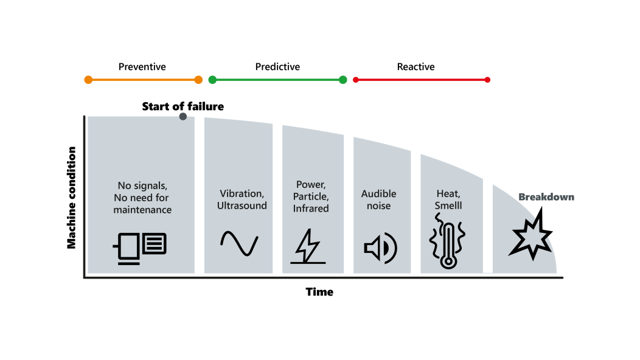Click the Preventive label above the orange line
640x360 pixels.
[142, 66]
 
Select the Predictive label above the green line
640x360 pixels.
[277, 66]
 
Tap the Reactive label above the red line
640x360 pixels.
[416, 66]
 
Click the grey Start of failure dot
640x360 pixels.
[183, 117]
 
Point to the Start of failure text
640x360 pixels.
[183, 106]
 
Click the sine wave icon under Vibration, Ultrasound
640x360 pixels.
[239, 243]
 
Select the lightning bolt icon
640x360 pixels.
[308, 246]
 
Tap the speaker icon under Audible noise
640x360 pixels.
[380, 248]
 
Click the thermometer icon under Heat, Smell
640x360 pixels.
[448, 241]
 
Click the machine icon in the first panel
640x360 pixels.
[139, 248]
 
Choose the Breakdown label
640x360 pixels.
[546, 197]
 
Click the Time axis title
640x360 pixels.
[319, 292]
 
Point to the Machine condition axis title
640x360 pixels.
[71, 198]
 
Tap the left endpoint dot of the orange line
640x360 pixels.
[88, 80]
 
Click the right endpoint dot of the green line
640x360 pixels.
[343, 80]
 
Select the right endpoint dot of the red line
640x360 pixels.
[487, 80]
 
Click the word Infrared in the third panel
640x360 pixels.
[311, 209]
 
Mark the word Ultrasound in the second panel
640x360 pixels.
[242, 206]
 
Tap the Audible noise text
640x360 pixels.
[379, 199]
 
